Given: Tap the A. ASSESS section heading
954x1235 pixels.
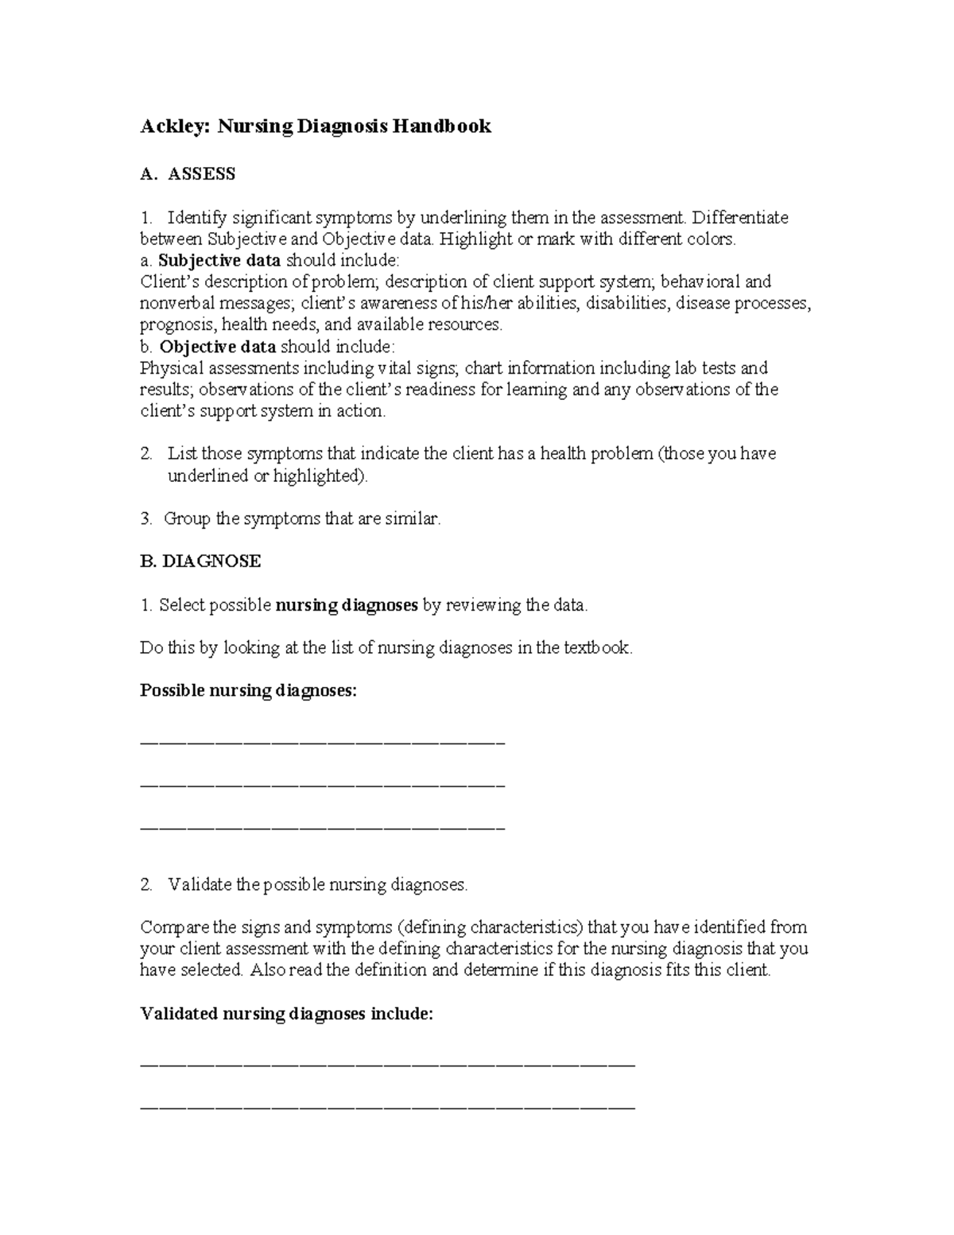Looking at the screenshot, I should point(188,174).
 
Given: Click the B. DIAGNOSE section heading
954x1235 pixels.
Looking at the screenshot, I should point(200,561).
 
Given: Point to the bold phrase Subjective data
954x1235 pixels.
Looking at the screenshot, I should point(219,260).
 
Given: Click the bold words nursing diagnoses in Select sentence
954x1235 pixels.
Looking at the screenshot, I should point(347,605).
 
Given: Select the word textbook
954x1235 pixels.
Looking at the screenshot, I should point(597,648).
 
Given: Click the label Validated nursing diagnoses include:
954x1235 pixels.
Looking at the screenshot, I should point(287,1014).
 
